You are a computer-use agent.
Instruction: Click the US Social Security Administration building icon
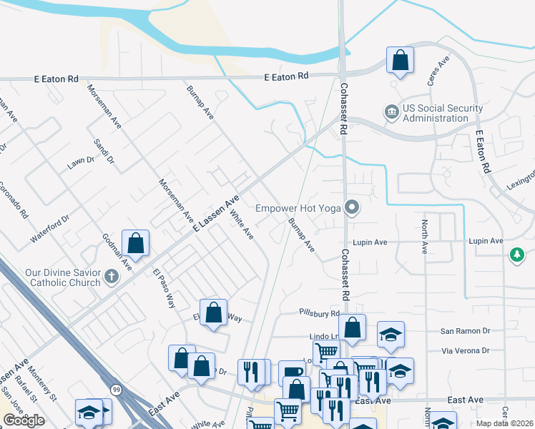tap(391, 112)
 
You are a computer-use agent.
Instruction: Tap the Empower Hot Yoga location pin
tap(351, 208)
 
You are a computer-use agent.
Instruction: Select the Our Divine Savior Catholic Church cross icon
tap(110, 276)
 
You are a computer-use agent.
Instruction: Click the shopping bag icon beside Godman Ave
tap(135, 244)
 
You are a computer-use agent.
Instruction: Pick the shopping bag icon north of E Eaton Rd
tap(401, 61)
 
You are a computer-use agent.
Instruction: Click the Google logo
tap(24, 420)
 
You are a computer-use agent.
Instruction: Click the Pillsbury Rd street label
tap(319, 313)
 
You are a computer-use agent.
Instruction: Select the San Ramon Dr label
tap(465, 330)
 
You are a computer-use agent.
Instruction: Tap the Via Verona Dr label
tap(466, 350)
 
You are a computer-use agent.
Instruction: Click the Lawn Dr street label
tap(81, 163)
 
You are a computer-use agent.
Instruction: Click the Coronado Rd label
tap(14, 203)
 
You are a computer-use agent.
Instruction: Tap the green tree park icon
tap(516, 255)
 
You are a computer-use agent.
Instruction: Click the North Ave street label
tap(424, 237)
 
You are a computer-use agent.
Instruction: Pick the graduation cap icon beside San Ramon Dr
tap(391, 335)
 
